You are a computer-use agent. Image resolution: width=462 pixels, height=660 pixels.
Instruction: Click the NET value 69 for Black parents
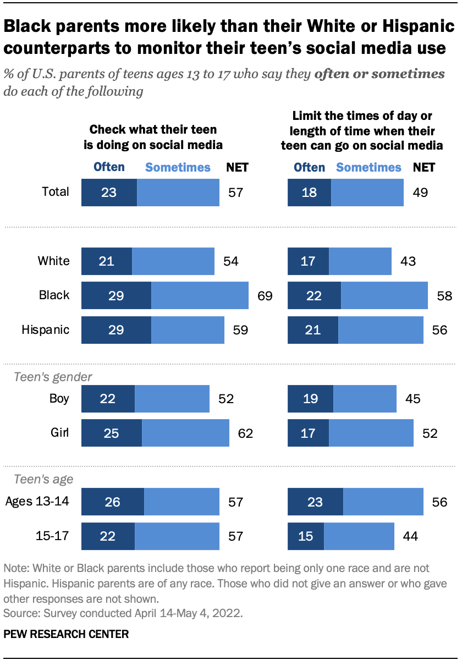pos(265,296)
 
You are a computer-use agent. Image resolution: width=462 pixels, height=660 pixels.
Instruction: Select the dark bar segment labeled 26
pos(112,502)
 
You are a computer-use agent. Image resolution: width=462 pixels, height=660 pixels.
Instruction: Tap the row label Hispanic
pos(46,330)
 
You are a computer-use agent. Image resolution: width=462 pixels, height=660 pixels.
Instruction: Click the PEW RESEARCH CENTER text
pos(66,634)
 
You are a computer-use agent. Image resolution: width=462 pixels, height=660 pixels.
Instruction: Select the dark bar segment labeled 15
pos(306,536)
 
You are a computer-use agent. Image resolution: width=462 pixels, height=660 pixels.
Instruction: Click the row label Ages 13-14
pos(37,502)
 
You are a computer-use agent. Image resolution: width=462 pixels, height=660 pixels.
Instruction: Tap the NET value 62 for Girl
pos(245,433)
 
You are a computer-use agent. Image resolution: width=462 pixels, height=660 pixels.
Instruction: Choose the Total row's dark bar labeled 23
pos(109,193)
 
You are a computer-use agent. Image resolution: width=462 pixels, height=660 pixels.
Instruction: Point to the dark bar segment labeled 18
pos(309,193)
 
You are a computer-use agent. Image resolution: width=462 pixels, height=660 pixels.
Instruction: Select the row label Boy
pos(59,398)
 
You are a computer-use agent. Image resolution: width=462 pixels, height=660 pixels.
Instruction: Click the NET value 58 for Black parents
pos(444,296)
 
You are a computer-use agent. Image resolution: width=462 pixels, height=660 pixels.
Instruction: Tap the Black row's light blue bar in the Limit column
pos(384,295)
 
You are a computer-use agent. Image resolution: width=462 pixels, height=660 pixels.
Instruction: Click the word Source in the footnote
pos(19,611)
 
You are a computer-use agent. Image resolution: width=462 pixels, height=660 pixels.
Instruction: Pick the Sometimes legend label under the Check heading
pos(178,167)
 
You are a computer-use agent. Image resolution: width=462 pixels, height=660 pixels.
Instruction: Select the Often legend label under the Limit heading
pos(310,167)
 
